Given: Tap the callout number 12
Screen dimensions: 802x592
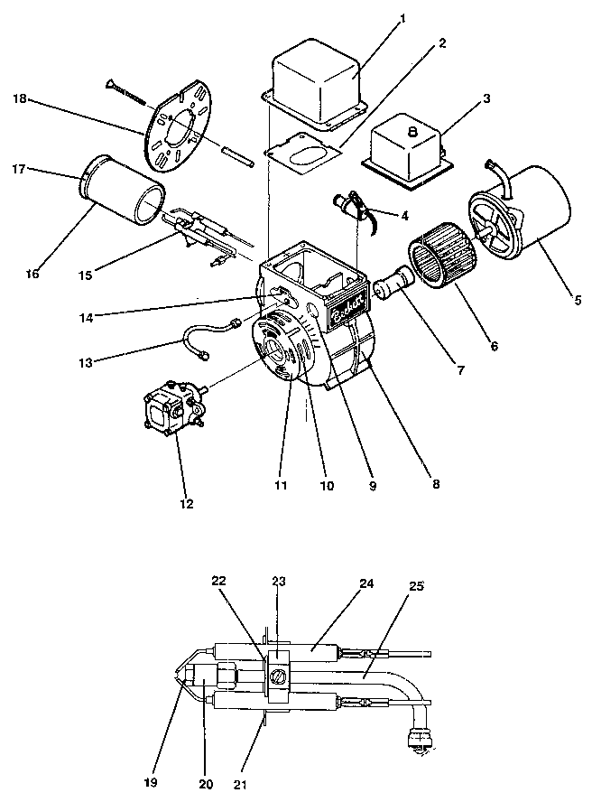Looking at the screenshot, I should (187, 503).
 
